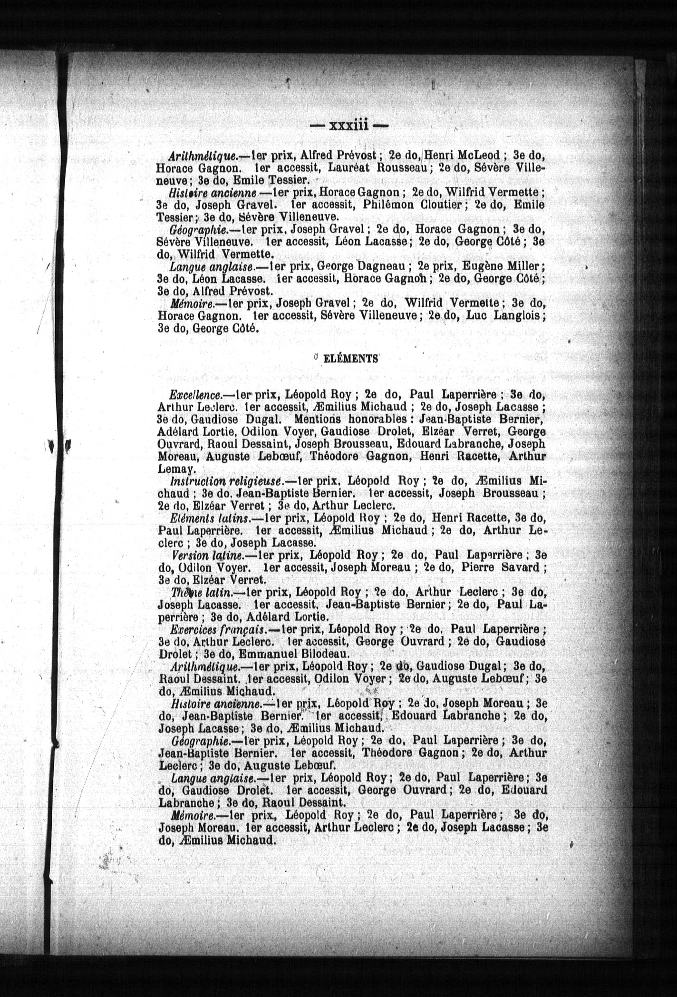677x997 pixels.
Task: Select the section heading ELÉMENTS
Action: [350, 359]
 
